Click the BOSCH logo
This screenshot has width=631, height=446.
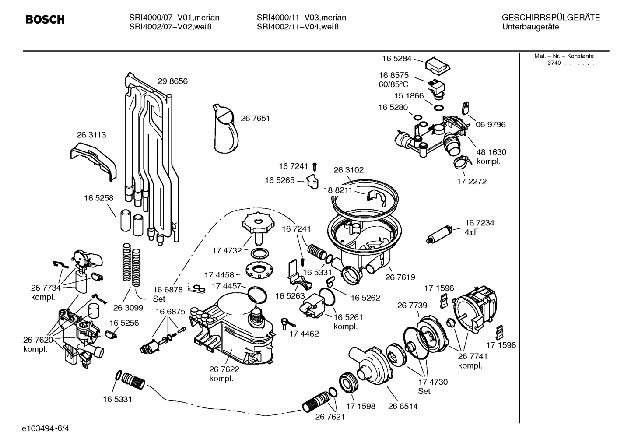(x=45, y=20)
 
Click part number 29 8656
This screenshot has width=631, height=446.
(x=172, y=81)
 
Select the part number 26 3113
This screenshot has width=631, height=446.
(x=91, y=135)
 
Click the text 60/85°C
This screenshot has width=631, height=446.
(x=393, y=84)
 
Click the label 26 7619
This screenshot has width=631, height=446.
(x=400, y=277)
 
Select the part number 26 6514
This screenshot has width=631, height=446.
(x=403, y=406)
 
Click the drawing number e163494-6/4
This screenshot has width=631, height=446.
(x=46, y=428)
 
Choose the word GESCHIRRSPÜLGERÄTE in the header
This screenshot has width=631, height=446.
(x=550, y=18)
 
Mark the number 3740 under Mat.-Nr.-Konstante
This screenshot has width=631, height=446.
(x=554, y=63)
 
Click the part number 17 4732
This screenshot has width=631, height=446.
(x=227, y=251)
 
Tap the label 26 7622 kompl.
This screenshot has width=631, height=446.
(x=224, y=374)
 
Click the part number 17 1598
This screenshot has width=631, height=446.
(x=360, y=406)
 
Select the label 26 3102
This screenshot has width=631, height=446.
(x=348, y=170)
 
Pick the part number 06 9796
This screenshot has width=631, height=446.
(x=491, y=125)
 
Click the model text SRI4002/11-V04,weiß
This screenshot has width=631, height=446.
(x=298, y=27)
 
